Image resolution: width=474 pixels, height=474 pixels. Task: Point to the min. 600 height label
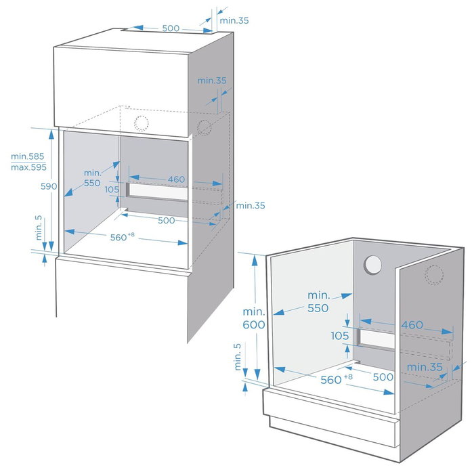click(x=255, y=317)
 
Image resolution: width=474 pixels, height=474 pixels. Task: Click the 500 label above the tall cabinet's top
click(x=171, y=28)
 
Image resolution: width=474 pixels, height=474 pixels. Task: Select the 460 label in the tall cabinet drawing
click(x=176, y=179)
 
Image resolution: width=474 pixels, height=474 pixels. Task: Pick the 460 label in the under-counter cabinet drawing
click(x=412, y=325)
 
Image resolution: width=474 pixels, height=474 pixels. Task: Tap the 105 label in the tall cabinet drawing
click(x=112, y=190)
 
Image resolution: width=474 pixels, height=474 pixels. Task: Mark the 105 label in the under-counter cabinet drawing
click(x=340, y=336)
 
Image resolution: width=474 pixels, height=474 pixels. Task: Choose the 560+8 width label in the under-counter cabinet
click(x=335, y=379)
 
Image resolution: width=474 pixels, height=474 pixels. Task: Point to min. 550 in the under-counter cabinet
click(x=318, y=301)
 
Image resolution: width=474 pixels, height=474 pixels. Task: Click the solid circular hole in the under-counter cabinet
click(x=373, y=265)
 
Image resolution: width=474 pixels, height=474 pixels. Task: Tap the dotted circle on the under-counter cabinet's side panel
click(x=433, y=274)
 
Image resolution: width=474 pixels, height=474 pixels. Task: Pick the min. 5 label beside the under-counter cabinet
click(x=237, y=357)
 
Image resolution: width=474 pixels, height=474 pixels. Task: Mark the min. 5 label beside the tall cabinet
click(x=39, y=229)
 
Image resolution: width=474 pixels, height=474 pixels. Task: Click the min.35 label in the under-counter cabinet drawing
click(x=425, y=367)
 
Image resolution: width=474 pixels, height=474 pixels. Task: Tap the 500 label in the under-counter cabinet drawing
click(x=383, y=376)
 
